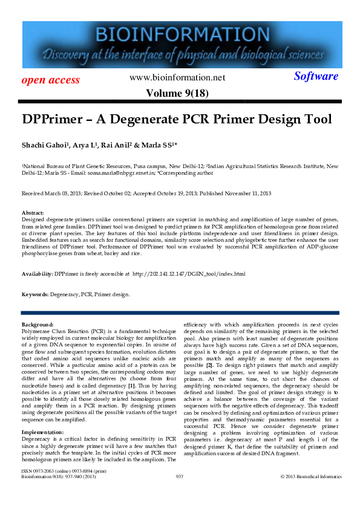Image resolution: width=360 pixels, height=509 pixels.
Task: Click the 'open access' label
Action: coord(51,80)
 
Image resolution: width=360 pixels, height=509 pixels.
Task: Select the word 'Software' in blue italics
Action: coord(316,76)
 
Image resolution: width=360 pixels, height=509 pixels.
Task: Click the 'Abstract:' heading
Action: coord(33,213)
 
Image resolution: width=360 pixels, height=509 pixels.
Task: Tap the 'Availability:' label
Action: coord(37,274)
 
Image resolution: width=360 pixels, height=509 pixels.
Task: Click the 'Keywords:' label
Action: coord(35,294)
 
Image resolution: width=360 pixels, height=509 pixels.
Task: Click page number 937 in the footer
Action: coord(179,494)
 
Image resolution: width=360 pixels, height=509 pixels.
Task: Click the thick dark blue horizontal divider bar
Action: coord(180,313)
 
